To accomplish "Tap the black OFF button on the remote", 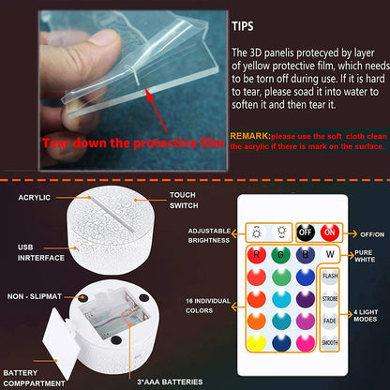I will [x=305, y=232].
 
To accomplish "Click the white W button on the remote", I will [x=328, y=252].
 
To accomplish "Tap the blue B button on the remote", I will [x=305, y=253].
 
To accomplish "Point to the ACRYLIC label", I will [x=33, y=198].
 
